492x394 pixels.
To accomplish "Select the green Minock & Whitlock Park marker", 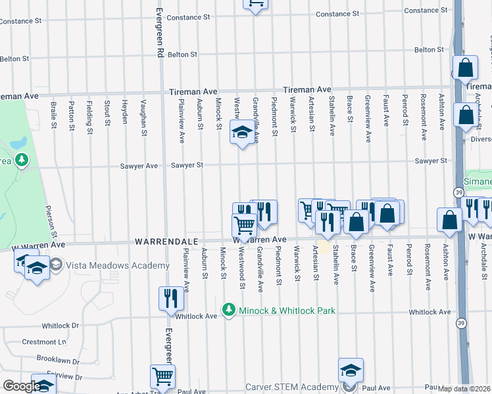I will [x=229, y=309].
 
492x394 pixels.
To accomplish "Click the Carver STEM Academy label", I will [x=291, y=387].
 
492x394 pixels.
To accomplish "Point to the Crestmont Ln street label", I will [x=45, y=342].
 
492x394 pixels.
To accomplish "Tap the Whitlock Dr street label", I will [x=61, y=325].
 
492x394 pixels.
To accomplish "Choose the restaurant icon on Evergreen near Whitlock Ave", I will [x=169, y=298].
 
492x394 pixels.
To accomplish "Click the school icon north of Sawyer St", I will [x=241, y=133].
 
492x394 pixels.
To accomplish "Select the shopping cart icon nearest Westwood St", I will [x=245, y=225].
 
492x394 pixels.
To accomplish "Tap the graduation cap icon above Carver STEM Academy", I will [x=351, y=370].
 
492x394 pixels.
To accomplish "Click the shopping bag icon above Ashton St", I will [x=450, y=221].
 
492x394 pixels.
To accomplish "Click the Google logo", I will [x=21, y=386].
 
